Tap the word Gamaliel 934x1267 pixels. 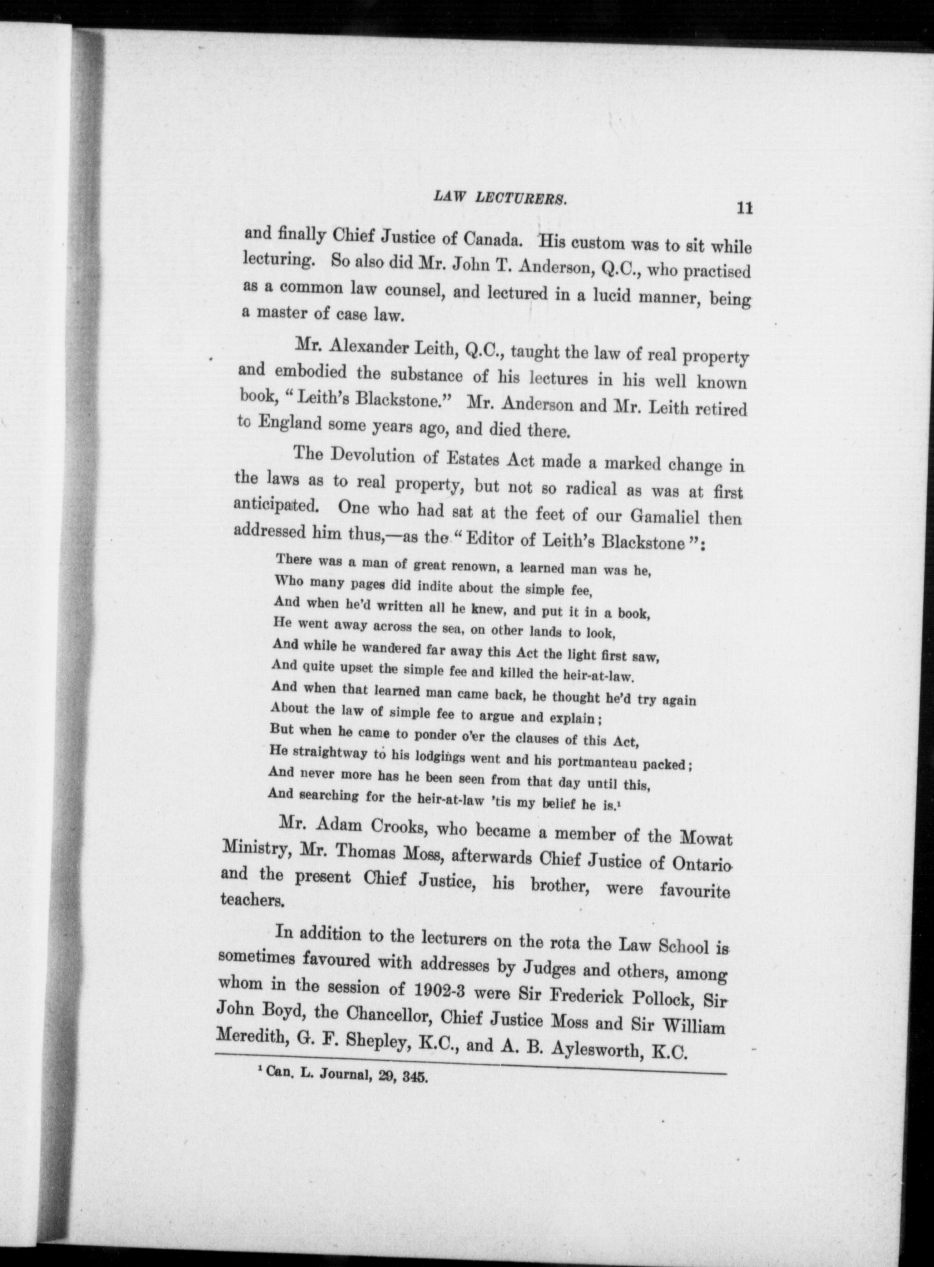665,513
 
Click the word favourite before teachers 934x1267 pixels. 695,891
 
